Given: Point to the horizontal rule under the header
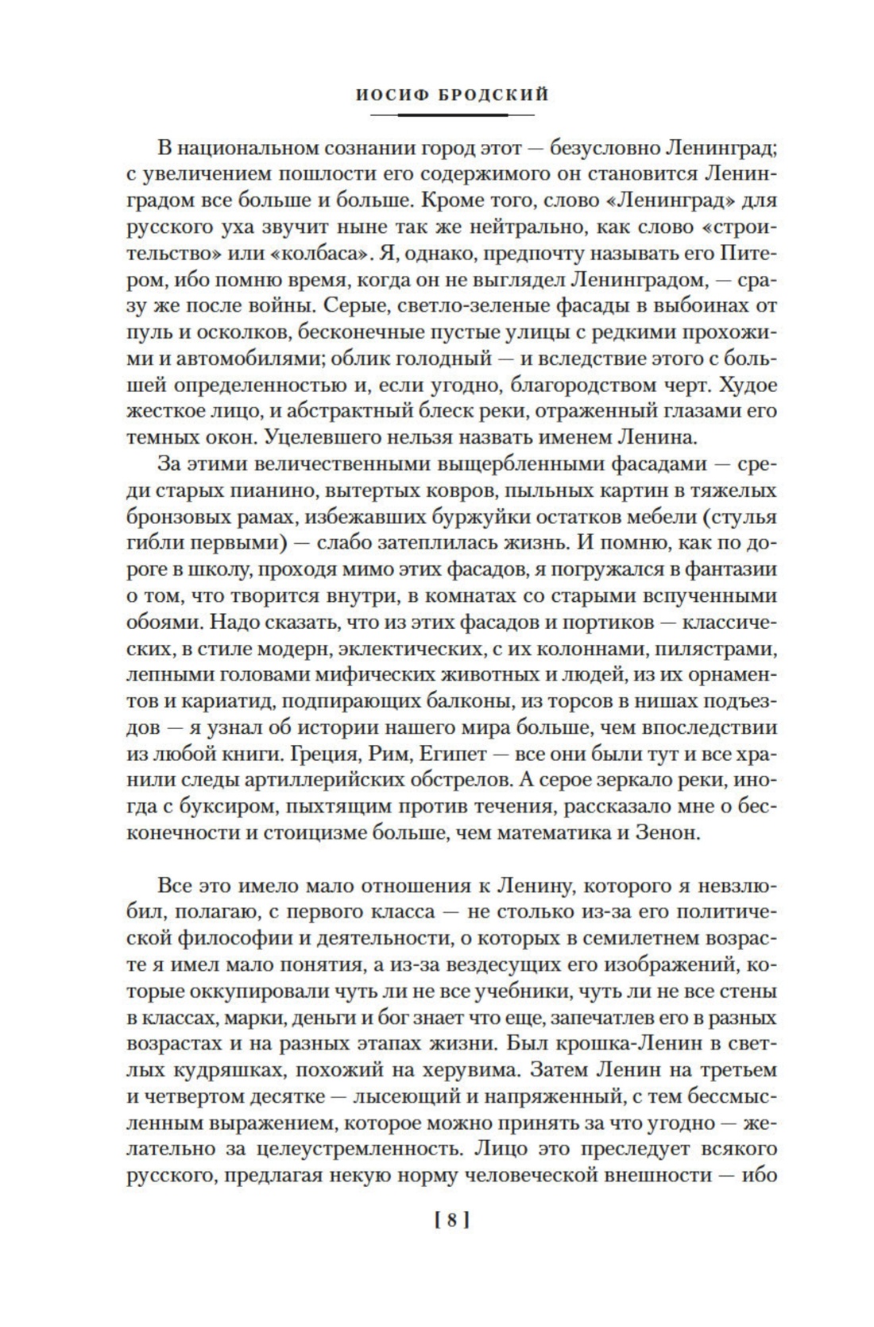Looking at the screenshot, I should point(451,115).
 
